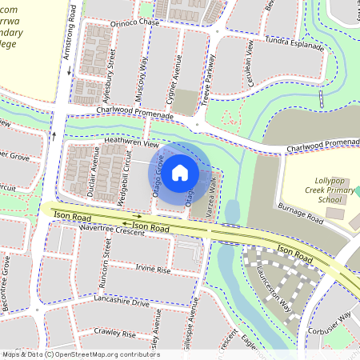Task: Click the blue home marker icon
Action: [x=180, y=172]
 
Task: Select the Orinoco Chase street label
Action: [x=123, y=24]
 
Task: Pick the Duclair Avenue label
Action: [x=92, y=171]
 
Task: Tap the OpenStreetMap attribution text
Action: [x=81, y=354]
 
